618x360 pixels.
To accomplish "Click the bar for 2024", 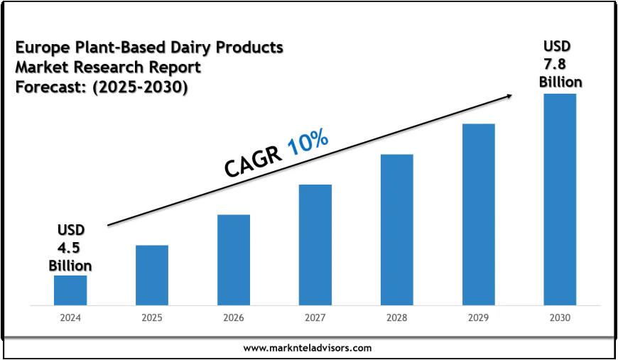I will [70, 290].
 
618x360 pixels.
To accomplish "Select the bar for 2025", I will [152, 276].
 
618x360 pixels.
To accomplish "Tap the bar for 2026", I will [234, 260].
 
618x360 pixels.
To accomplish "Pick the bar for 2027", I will [315, 245].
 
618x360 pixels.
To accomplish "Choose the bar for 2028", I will [396, 230].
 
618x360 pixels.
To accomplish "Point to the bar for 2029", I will [478, 214].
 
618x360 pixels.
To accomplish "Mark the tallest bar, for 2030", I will [560, 200].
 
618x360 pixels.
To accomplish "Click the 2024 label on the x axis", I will [70, 317].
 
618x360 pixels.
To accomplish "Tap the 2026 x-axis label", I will [234, 317].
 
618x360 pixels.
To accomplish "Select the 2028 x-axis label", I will [396, 317].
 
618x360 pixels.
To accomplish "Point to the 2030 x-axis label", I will [560, 317].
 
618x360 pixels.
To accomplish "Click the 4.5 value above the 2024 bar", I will [70, 248].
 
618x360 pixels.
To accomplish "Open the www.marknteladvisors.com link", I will [308, 348].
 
